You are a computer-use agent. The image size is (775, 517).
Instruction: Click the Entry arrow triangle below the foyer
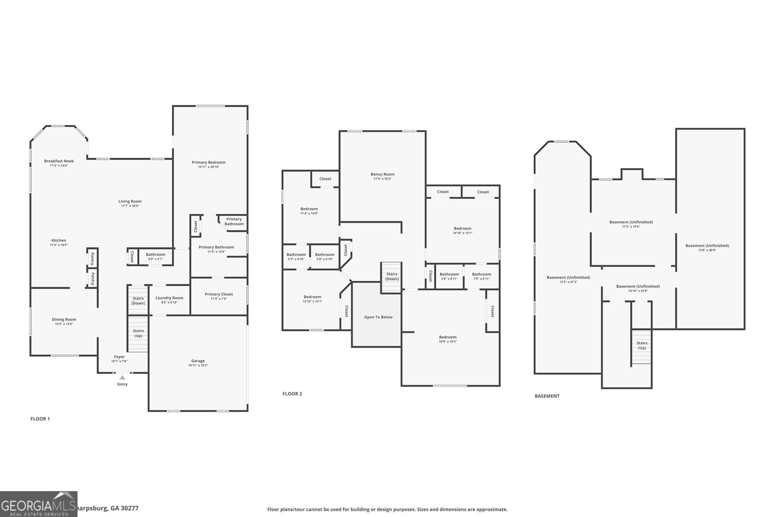(x=123, y=377)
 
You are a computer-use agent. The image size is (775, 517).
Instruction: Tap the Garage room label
(x=198, y=361)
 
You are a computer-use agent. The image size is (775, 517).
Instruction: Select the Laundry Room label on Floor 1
(x=170, y=298)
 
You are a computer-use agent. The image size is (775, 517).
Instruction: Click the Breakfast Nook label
(x=59, y=161)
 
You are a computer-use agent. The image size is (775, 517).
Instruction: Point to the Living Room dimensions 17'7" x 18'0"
(x=130, y=206)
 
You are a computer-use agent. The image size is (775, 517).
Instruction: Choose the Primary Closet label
(x=218, y=294)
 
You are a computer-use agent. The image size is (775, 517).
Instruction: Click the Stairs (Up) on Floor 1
(x=138, y=333)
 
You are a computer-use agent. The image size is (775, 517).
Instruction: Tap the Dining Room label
(x=64, y=319)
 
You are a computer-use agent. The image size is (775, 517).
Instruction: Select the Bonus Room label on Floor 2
(x=382, y=174)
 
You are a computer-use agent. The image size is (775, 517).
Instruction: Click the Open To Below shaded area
(x=378, y=317)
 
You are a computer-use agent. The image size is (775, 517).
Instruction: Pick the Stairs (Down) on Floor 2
(x=391, y=277)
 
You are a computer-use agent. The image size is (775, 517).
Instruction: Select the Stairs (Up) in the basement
(x=641, y=345)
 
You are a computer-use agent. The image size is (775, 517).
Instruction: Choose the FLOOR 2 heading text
(x=292, y=394)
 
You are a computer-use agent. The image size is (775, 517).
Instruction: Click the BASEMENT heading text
(x=547, y=396)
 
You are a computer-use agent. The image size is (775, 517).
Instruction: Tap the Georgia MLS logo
(x=38, y=504)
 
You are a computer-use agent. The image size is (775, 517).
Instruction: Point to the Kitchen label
(x=59, y=241)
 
